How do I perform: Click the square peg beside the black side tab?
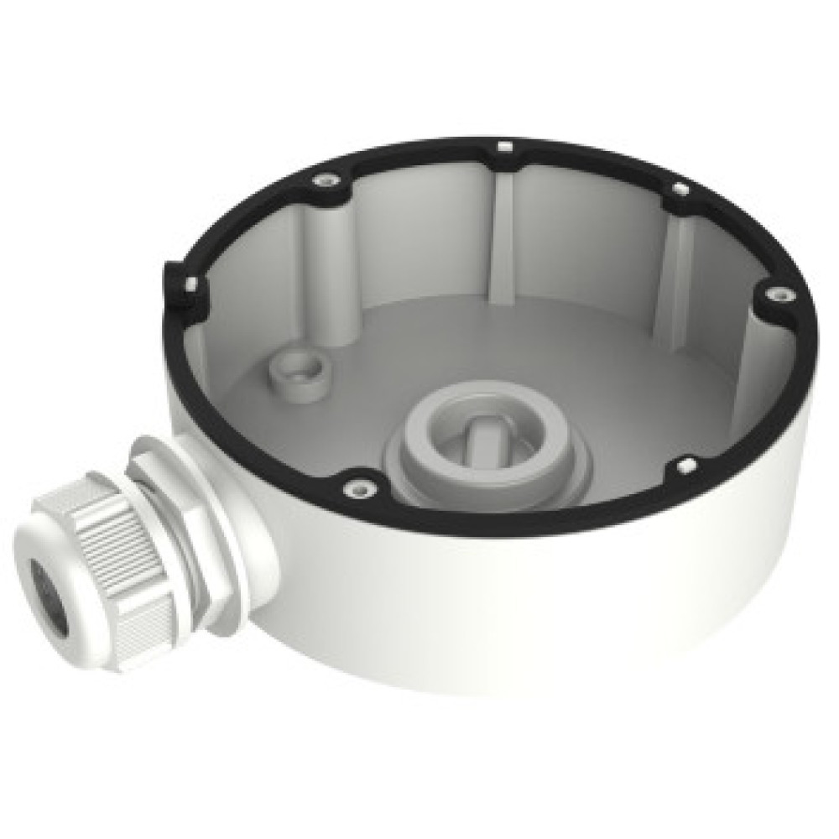click(x=191, y=284)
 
